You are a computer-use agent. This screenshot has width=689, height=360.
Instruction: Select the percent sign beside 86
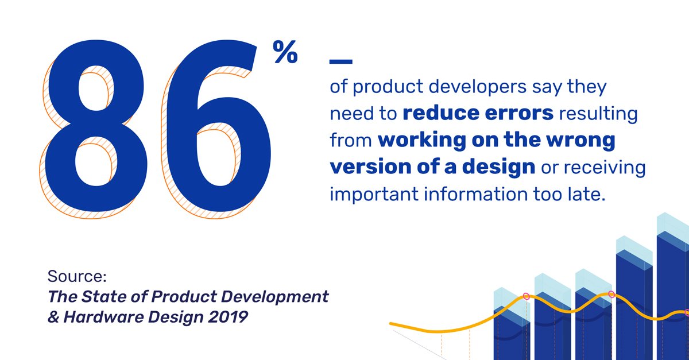click(x=285, y=52)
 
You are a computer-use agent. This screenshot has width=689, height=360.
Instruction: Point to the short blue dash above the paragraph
click(x=341, y=61)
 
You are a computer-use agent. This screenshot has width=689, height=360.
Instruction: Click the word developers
click(x=477, y=87)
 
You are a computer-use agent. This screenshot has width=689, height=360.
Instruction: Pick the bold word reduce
click(x=441, y=113)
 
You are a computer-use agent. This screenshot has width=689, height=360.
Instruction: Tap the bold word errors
click(x=519, y=114)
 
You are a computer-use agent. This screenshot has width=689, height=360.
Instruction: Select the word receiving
click(x=605, y=168)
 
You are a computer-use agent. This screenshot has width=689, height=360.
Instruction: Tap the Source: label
click(x=77, y=276)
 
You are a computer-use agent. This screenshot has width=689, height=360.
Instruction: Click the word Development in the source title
click(x=274, y=297)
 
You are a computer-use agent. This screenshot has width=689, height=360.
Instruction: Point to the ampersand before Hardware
click(x=53, y=317)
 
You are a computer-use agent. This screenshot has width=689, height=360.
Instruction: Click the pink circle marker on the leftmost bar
click(x=527, y=297)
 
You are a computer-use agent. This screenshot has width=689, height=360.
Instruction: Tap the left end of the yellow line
click(x=391, y=324)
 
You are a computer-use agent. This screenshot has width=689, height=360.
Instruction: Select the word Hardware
click(x=103, y=317)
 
